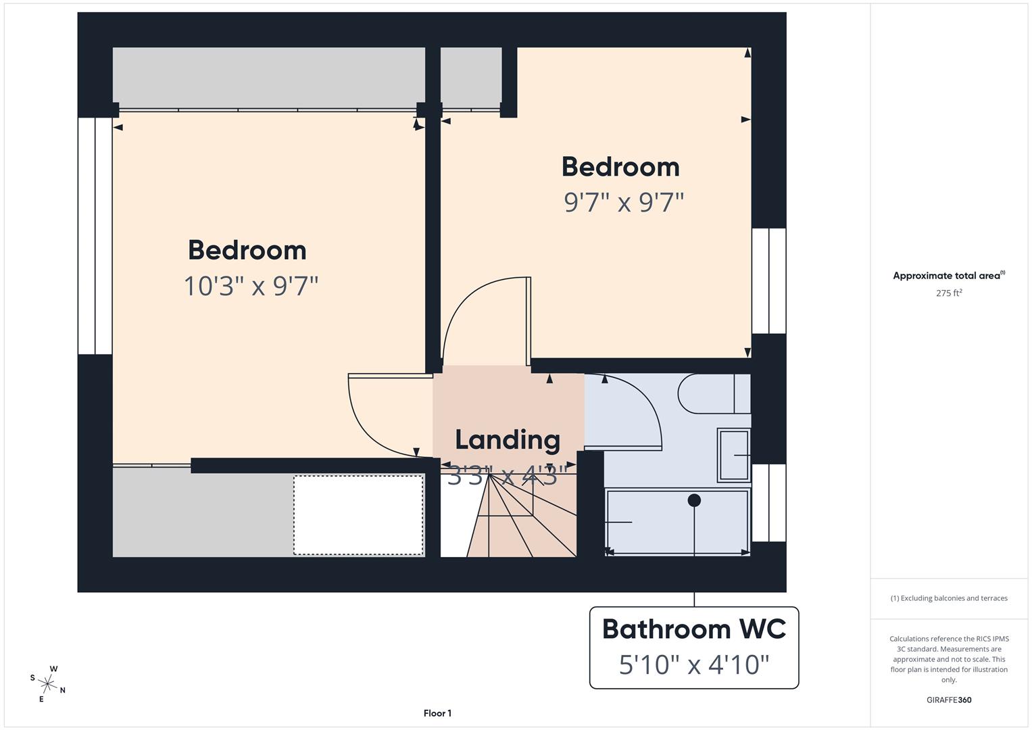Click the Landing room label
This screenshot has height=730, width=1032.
[508, 440]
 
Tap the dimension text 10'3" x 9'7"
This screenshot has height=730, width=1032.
[251, 286]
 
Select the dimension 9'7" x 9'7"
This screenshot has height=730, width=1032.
[624, 202]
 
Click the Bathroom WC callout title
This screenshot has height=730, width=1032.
[694, 629]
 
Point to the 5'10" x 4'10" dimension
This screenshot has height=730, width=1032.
[694, 665]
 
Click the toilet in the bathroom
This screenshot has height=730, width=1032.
[713, 393]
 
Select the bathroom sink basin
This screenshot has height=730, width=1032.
[733, 455]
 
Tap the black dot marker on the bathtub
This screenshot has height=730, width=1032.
[694, 501]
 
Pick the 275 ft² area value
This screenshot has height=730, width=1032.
[949, 293]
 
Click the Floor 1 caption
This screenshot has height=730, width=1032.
[437, 713]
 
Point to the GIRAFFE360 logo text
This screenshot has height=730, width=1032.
[949, 700]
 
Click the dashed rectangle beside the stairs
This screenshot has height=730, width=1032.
[358, 515]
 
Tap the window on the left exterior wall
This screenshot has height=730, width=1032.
[95, 236]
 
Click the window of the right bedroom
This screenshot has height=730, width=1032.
[769, 281]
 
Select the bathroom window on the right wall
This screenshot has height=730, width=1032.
[769, 502]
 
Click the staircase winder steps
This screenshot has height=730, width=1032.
[514, 520]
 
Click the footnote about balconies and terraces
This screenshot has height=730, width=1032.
[949, 598]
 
